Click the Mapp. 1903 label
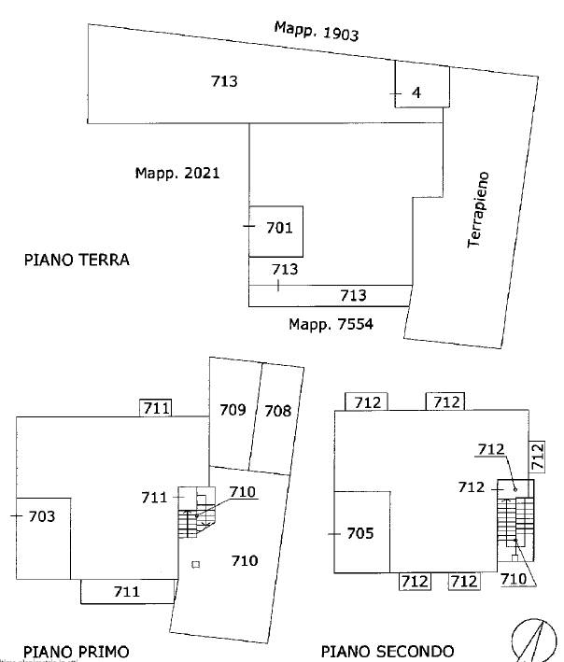[317, 31]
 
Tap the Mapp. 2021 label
[177, 173]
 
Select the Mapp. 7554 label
[331, 324]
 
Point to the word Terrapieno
[478, 209]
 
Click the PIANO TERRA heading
[77, 260]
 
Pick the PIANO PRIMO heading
[76, 652]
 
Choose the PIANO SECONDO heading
[388, 652]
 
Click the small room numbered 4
[422, 84]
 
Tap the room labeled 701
[275, 232]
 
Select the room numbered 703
[43, 539]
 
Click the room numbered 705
[361, 532]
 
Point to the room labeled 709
[233, 414]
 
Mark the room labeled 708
[277, 419]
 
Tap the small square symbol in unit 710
[195, 565]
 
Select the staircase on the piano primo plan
[196, 512]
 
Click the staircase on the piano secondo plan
[515, 520]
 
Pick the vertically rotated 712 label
[537, 457]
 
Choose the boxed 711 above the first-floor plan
[156, 408]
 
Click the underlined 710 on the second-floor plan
[514, 579]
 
